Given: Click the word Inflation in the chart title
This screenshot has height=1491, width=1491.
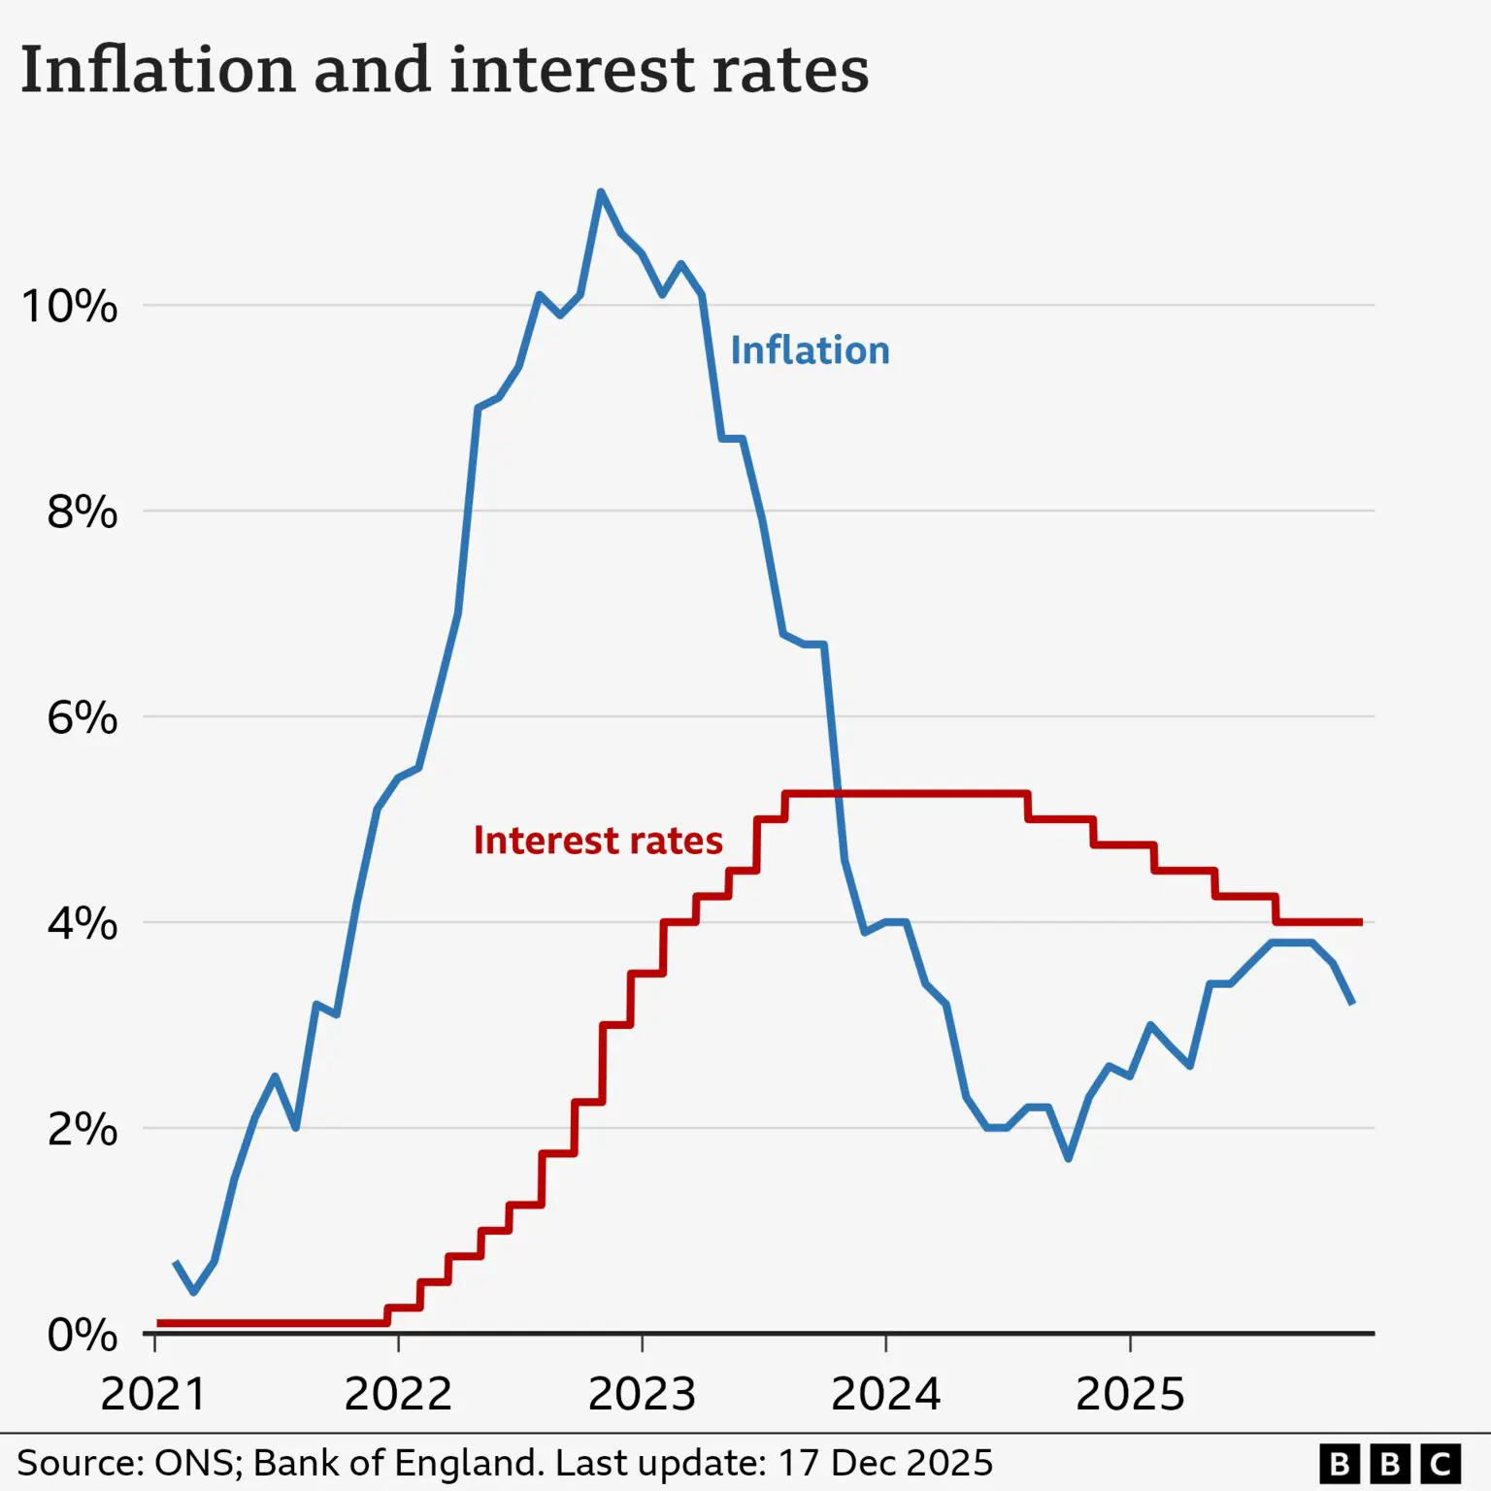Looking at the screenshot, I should (x=158, y=70).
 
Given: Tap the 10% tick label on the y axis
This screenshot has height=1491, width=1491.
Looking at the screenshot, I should (x=69, y=307).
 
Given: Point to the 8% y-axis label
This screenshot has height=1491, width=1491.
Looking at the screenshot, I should (x=82, y=512).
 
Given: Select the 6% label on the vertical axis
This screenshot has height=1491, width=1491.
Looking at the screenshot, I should (x=82, y=718).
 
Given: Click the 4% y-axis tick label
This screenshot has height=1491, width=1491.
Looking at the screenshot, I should (x=82, y=923).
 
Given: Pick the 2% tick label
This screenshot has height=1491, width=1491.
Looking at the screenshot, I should (x=82, y=1130).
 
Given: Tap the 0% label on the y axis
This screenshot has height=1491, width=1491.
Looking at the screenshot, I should (x=82, y=1336).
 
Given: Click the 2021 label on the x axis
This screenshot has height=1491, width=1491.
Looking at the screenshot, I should (x=153, y=1394).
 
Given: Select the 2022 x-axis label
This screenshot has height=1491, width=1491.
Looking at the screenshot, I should (x=398, y=1394).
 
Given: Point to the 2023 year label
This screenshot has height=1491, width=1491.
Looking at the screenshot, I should (x=642, y=1394).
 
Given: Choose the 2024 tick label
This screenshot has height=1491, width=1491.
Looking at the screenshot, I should (x=885, y=1394).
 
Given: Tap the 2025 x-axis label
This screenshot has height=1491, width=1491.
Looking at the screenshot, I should (x=1130, y=1394).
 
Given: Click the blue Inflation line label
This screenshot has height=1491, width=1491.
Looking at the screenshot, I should (x=810, y=350).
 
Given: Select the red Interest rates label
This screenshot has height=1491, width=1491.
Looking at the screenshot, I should (x=598, y=841).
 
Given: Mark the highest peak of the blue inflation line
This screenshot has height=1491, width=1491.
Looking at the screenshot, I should (x=601, y=192).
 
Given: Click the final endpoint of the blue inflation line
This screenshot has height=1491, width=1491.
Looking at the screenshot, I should (x=1352, y=1003).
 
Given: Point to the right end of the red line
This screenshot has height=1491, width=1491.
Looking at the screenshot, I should (x=1361, y=922).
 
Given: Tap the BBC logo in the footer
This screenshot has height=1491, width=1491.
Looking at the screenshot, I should (x=1389, y=1463).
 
